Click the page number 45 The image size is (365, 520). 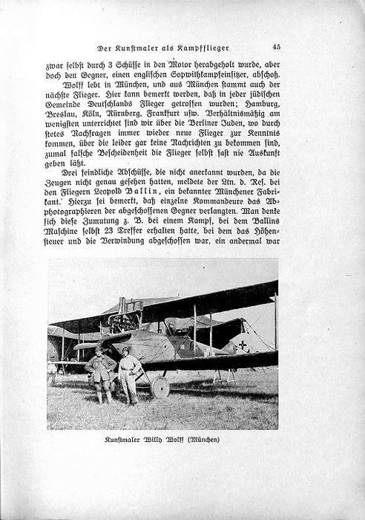coord(275,47)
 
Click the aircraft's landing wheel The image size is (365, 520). coord(160,386)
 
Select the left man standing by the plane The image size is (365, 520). coord(100,375)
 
